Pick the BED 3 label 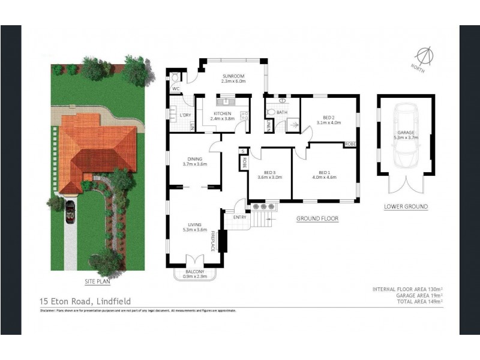269,174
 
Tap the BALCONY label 195,273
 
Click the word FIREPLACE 213,242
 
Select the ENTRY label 239,217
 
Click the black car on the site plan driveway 70,211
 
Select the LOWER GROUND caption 406,206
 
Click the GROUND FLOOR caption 317,219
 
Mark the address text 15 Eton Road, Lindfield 85,301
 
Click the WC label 176,89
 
